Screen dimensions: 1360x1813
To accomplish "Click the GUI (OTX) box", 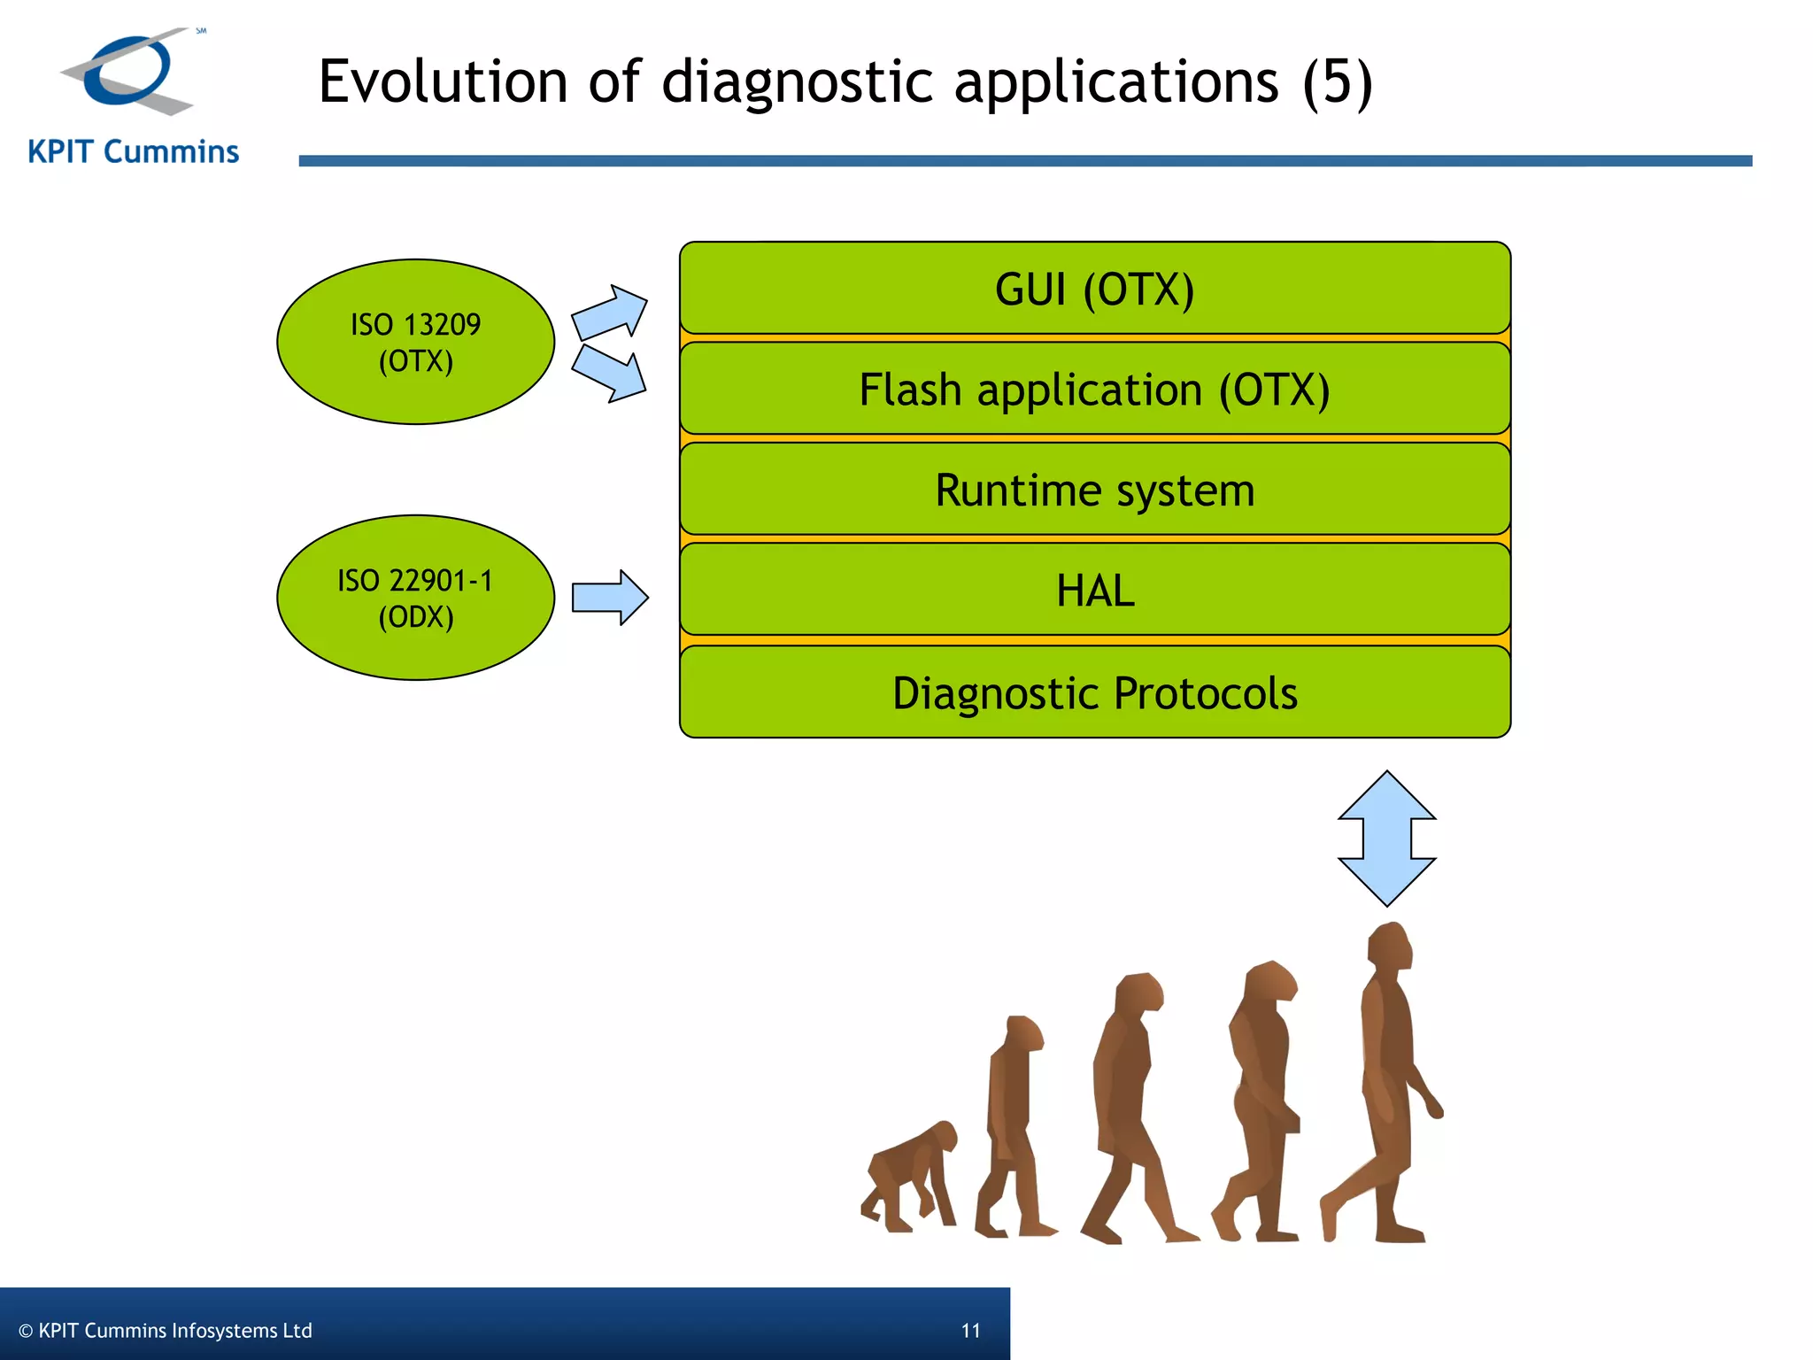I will (1094, 289).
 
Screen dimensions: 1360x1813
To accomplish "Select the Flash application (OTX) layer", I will (1094, 390).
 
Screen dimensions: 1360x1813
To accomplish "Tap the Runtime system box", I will (1094, 490).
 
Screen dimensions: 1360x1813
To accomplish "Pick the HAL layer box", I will (1094, 590).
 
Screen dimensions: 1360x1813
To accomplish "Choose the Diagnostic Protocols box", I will (1094, 692).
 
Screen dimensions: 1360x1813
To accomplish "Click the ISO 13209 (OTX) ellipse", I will (415, 342).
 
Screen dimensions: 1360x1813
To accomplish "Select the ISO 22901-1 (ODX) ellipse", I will (415, 598).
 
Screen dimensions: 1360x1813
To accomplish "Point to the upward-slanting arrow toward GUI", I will (610, 313).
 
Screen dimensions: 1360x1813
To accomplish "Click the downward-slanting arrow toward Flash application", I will (609, 373).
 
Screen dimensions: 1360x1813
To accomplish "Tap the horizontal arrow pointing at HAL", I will (610, 598).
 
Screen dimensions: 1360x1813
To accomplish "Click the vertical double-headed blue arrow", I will (1386, 838).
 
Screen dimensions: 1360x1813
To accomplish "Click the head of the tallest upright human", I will (1388, 947).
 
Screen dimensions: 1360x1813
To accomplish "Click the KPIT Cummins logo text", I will (134, 152).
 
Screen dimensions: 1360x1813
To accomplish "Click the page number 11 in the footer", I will (970, 1330).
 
